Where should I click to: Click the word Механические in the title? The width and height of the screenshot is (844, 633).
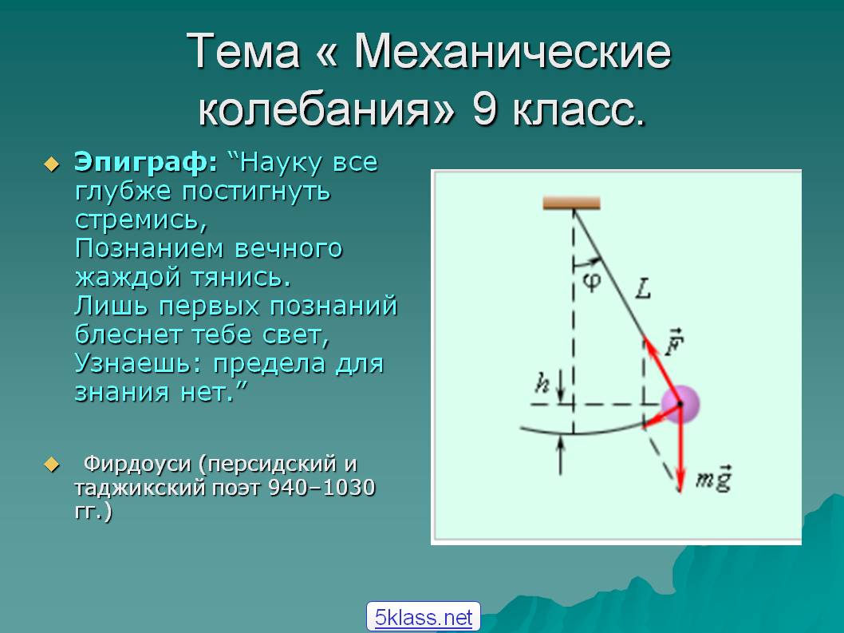coord(512,52)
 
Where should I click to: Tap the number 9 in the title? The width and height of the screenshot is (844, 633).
coord(484,109)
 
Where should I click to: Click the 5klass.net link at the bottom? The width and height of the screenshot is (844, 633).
coord(424,617)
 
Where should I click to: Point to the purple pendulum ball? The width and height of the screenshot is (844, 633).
coord(680,403)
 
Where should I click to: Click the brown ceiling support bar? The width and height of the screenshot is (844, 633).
coord(572,203)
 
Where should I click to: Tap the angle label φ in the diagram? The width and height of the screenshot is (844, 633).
coord(592,281)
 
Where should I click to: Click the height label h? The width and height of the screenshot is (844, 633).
coord(542,383)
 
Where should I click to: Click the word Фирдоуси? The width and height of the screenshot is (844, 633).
coord(138,463)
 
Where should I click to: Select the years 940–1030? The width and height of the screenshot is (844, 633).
coord(321,488)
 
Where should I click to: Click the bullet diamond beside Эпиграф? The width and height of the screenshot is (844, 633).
coord(52,164)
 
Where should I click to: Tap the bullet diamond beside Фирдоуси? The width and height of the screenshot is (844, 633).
coord(52,464)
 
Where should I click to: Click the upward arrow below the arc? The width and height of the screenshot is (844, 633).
coord(560,456)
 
